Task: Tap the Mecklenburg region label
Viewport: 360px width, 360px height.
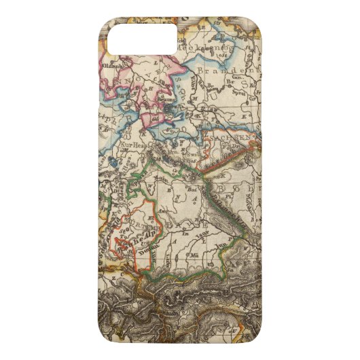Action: point(203,50)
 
